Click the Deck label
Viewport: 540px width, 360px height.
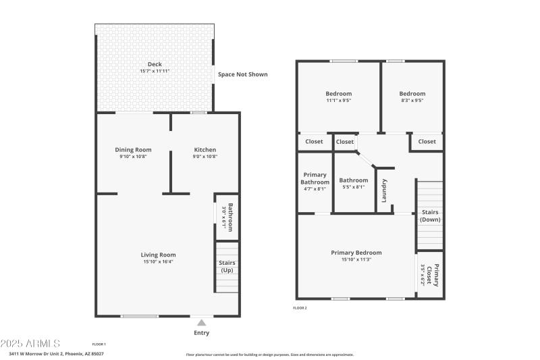pos(155,65)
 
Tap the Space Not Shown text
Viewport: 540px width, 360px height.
pos(242,74)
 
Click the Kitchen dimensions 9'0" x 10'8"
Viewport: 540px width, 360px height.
pos(205,157)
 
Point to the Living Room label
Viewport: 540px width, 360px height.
pos(158,255)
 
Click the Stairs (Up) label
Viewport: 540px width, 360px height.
pos(227,267)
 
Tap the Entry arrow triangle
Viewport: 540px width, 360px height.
pos(201,323)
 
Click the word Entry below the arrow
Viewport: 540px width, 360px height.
pos(201,333)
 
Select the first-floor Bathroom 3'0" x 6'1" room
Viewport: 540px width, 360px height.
pos(227,217)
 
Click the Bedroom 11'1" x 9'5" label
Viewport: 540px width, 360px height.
pos(338,94)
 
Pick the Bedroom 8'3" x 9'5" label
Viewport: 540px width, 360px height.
pos(412,94)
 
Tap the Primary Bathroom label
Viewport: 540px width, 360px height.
pos(315,178)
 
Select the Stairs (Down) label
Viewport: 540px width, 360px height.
pos(430,215)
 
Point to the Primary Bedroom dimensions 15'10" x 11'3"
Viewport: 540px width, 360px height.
pos(356,259)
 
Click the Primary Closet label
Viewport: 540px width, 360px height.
pos(437,275)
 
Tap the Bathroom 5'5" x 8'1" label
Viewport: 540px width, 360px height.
pos(353,180)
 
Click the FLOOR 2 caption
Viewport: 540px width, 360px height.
pos(300,308)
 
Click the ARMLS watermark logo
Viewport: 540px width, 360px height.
pos(30,344)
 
